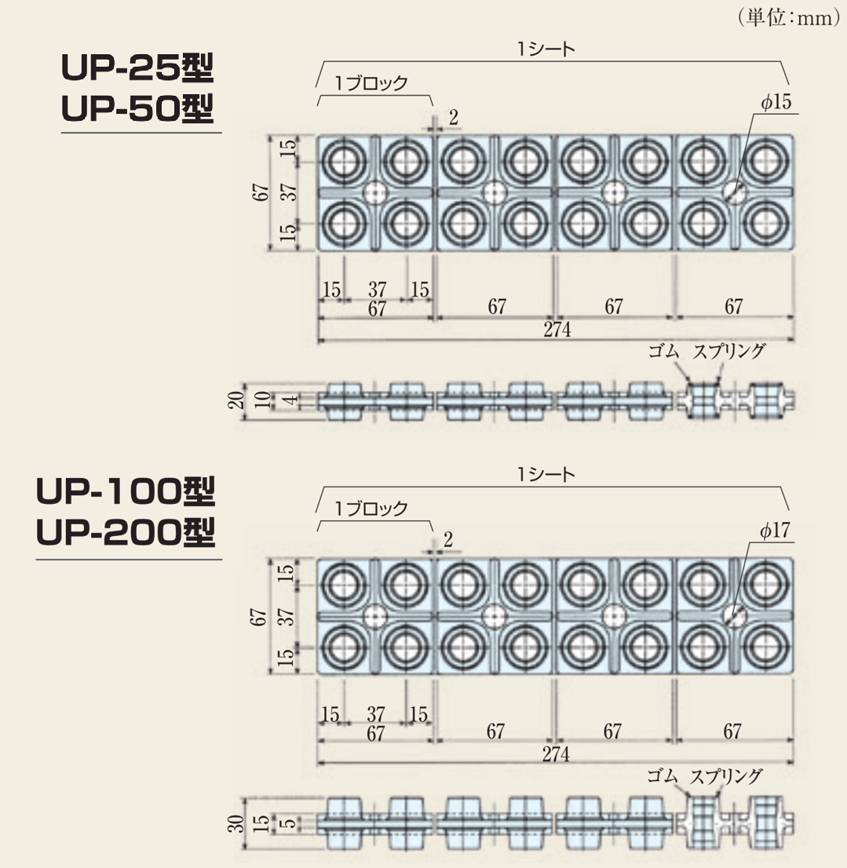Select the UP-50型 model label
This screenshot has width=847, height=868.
point(137,110)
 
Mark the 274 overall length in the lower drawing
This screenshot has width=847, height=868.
point(555,754)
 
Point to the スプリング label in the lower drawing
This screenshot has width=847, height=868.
point(727,777)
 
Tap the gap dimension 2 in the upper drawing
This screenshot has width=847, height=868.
point(453,118)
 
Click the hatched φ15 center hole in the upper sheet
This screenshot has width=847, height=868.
point(735,191)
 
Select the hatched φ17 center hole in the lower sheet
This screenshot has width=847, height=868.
point(735,617)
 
